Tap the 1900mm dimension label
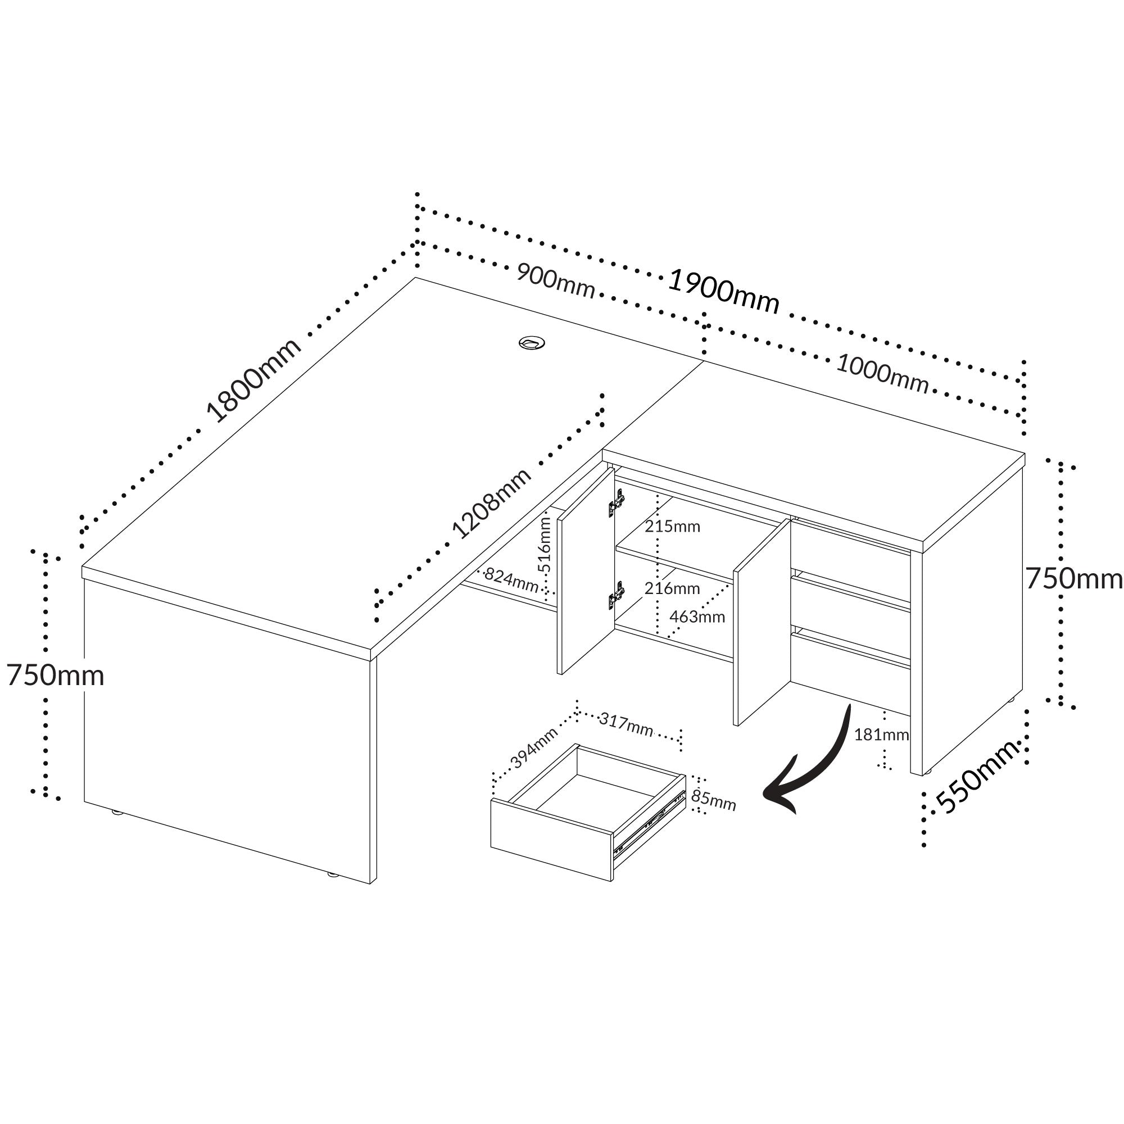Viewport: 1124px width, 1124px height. click(723, 291)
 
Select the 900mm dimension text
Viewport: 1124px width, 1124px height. click(556, 282)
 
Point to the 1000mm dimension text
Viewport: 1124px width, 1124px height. click(882, 373)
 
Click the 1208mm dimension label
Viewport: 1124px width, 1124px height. click(492, 503)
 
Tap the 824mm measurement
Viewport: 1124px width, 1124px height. click(511, 579)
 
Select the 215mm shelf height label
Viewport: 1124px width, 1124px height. click(672, 527)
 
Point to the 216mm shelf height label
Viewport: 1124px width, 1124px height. click(672, 588)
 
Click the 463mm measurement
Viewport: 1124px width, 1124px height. click(697, 617)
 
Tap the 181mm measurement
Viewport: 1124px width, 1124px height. click(881, 735)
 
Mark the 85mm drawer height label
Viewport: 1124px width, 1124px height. click(713, 800)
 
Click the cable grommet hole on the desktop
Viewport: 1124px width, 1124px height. click(531, 343)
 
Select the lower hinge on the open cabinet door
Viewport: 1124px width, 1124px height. click(617, 595)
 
